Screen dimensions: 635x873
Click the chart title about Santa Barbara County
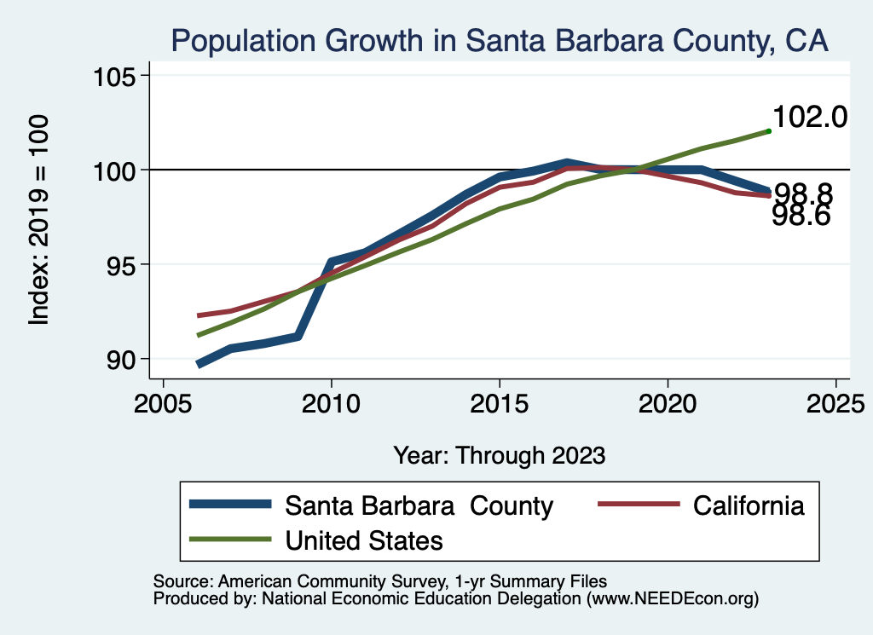[500, 41]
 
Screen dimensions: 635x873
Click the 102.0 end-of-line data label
[809, 117]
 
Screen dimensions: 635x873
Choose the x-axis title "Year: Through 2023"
[500, 455]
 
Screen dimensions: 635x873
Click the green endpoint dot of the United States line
[768, 130]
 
